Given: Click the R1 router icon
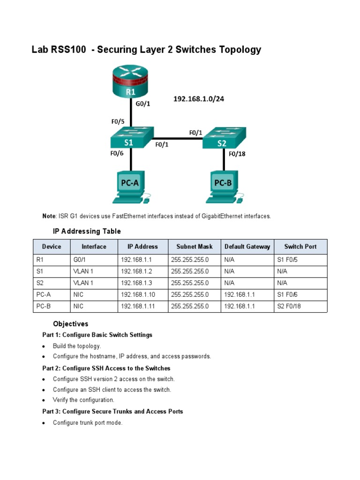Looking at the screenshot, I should click(x=130, y=83).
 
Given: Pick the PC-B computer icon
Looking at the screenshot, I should click(x=223, y=187).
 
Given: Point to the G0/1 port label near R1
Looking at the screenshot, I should click(x=143, y=104).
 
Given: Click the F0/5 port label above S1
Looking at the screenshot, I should click(x=118, y=121).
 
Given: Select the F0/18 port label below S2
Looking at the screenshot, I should click(x=237, y=154).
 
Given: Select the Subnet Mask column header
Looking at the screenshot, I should click(x=194, y=247).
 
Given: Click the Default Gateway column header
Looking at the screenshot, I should click(x=247, y=247).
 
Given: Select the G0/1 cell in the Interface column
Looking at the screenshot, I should click(x=80, y=259).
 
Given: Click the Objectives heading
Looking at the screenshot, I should click(x=70, y=324).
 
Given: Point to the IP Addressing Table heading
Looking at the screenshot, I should click(x=87, y=231).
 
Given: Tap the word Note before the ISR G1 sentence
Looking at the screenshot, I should click(x=49, y=216).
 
